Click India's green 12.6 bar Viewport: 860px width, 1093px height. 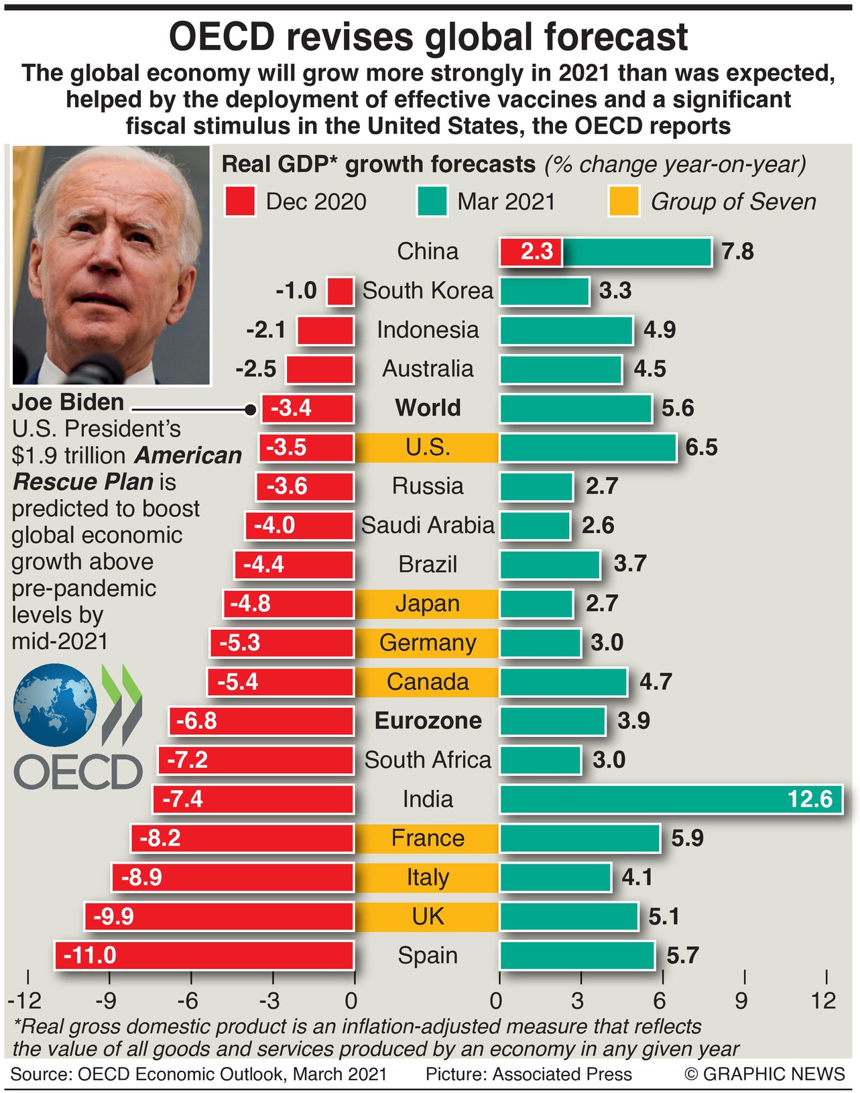pos(670,799)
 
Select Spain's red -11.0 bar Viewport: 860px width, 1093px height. pos(204,956)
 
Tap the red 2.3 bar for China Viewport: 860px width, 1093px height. pos(531,252)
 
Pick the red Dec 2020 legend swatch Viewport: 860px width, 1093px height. pos(240,202)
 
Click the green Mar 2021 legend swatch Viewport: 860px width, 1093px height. pos(432,202)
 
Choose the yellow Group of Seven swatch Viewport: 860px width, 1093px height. pos(623,202)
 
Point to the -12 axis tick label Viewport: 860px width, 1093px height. pos(25,1001)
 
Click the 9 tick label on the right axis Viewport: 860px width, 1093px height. pos(741,1001)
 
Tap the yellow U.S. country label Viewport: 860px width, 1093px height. pos(428,447)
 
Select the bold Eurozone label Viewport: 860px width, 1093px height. pos(428,721)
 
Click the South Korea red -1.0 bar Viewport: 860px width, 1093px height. pos(341,292)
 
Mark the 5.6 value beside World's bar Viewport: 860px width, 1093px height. pos(678,408)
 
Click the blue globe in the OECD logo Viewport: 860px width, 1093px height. pos(55,705)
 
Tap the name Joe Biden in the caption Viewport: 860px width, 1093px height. pos(68,402)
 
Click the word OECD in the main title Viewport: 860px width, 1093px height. pos(222,37)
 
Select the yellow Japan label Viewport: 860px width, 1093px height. pos(428,603)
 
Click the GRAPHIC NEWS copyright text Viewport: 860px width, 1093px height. pos(765,1074)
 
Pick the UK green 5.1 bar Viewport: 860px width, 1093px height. pos(568,917)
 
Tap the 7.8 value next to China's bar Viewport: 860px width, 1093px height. pos(737,252)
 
